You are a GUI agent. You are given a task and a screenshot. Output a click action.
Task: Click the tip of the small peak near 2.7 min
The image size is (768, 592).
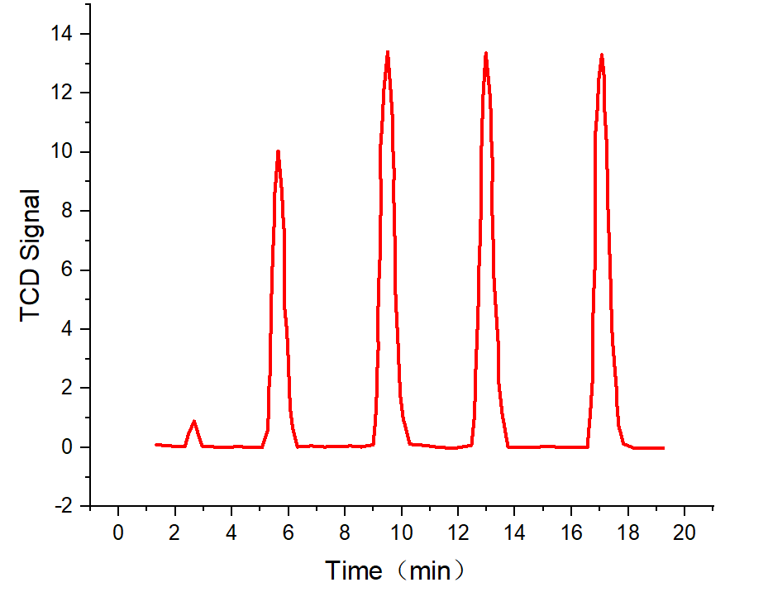tap(194, 422)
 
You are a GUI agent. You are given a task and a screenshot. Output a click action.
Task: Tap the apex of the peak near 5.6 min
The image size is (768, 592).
tap(278, 151)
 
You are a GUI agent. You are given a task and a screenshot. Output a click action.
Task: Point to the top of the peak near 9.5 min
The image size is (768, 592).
tap(387, 52)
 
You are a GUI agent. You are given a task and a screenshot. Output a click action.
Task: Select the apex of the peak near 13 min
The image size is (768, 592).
tap(485, 53)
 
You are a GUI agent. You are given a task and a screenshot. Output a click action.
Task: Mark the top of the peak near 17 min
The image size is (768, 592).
tap(602, 55)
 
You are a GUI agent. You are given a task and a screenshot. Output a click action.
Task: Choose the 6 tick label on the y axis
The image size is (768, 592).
tap(69, 270)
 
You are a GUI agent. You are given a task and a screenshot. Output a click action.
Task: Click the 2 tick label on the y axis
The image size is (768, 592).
tap(69, 388)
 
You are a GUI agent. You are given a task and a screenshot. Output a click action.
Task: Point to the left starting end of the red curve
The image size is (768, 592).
tap(156, 444)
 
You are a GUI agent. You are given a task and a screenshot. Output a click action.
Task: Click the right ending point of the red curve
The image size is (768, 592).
tap(663, 448)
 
